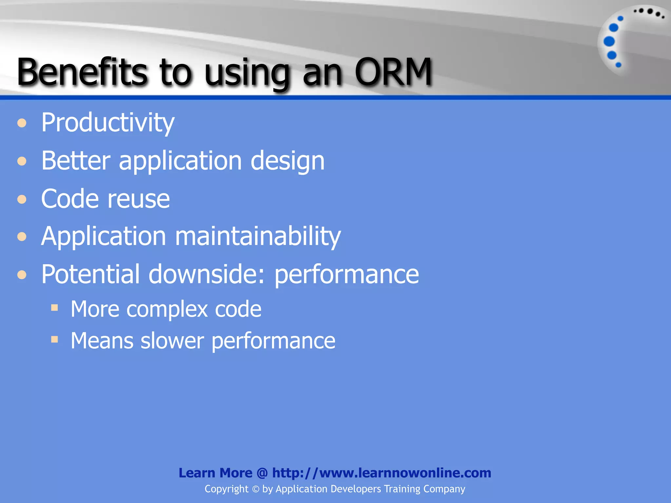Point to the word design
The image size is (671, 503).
coord(287,161)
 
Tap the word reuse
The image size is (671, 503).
coord(139,199)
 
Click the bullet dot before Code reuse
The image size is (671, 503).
coord(22,199)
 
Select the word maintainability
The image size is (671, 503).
coord(258,236)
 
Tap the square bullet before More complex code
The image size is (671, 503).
coord(55,307)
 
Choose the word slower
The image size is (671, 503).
coord(172,341)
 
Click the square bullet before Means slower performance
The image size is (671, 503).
coord(55,339)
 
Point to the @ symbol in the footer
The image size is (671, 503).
coord(262,473)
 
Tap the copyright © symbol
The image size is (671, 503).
coord(256,489)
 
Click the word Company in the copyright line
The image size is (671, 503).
coord(444,489)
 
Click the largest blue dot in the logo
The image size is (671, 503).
coord(609,42)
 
